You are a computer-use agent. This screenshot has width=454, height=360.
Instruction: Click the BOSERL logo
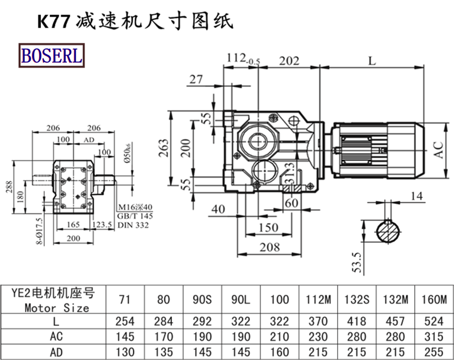52,55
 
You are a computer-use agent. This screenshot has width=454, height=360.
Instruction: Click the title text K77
53,21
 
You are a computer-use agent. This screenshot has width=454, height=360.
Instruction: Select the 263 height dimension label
163,148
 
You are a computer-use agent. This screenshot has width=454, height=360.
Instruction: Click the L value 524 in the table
435,321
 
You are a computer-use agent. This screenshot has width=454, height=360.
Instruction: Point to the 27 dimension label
196,79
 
